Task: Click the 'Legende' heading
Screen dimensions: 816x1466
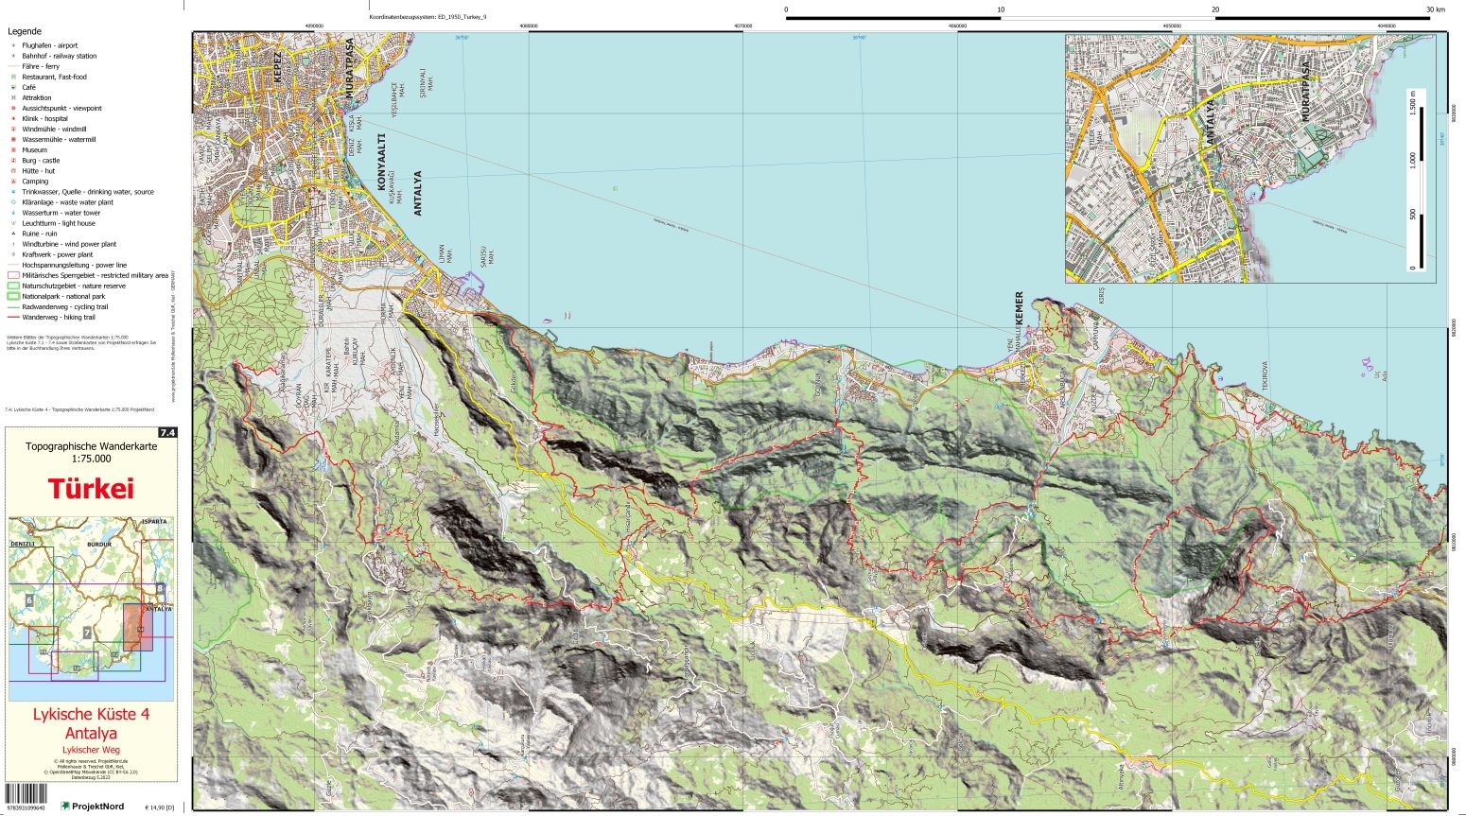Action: tap(25, 31)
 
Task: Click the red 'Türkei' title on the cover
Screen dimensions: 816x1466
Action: tap(91, 489)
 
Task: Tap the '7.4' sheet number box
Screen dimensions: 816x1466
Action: tap(167, 433)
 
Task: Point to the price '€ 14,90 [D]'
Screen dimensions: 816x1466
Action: tap(160, 807)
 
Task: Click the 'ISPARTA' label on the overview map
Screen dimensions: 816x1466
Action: tap(155, 521)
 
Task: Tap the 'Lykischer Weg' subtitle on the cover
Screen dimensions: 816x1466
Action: tap(91, 750)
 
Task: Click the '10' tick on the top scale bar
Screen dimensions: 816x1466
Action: tap(1001, 9)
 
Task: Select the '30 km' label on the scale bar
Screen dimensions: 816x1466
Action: tap(1436, 9)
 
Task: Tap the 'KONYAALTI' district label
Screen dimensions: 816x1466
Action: tap(384, 168)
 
